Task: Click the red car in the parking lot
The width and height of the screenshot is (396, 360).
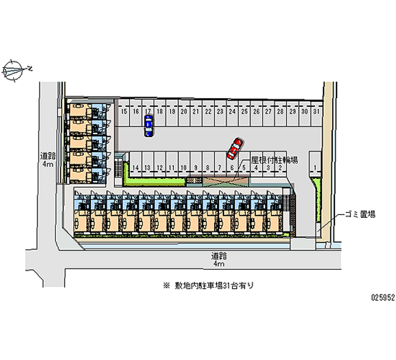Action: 234,148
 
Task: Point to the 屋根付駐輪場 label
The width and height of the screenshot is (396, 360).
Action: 275,159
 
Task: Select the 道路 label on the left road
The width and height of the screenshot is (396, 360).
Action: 48,159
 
